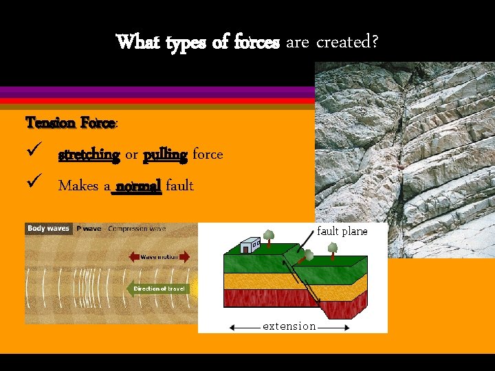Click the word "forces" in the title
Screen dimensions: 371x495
[x=256, y=43]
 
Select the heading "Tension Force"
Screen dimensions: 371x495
[x=70, y=123]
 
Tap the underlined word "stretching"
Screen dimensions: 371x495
[x=89, y=155]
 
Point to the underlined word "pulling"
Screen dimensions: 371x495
[x=165, y=155]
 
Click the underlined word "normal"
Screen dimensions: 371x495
[x=138, y=185]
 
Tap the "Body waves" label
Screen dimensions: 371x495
[x=49, y=228]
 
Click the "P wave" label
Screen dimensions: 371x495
[x=89, y=228]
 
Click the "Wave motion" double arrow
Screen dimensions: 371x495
[x=159, y=257]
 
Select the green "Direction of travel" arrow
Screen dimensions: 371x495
[x=158, y=289]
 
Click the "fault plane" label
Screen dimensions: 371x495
[x=342, y=232]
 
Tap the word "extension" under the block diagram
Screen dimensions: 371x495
[x=289, y=326]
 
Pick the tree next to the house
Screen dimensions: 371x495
[x=269, y=236]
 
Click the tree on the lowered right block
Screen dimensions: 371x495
[x=333, y=249]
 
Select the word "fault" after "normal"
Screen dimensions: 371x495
[x=179, y=185]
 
